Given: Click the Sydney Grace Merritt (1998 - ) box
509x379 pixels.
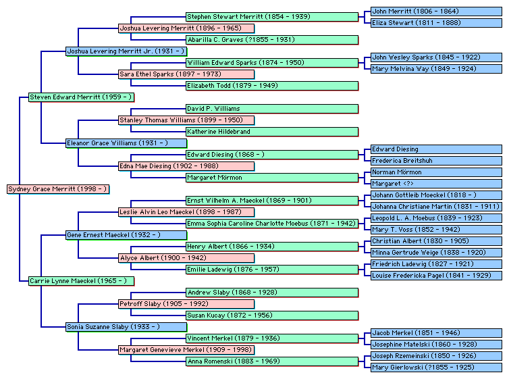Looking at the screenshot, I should pyautogui.click(x=58, y=189).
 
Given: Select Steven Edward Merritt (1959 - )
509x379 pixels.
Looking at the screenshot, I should pyautogui.click(x=81, y=97).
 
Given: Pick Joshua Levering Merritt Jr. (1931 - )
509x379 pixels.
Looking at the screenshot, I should pyautogui.click(x=126, y=51).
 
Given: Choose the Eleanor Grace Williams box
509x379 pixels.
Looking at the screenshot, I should pyautogui.click(x=126, y=143).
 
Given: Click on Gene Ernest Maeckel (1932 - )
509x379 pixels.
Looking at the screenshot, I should pyautogui.click(x=126, y=235).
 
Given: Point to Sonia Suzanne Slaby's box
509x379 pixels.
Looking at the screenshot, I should pyautogui.click(x=126, y=327).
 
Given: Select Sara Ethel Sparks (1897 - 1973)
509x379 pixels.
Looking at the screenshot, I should pyautogui.click(x=186, y=74).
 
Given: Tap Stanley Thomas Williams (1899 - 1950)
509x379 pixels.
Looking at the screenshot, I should pyautogui.click(x=186, y=120).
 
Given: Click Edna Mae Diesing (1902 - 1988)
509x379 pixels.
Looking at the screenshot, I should pyautogui.click(x=186, y=166).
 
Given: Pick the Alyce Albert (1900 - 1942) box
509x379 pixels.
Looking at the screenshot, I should pyautogui.click(x=186, y=258).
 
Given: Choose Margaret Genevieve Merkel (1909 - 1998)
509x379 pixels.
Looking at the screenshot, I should pyautogui.click(x=186, y=350).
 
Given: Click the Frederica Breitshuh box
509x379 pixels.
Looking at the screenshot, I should pyautogui.click(x=436, y=161).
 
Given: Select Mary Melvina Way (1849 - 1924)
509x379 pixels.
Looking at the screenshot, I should pyautogui.click(x=436, y=68).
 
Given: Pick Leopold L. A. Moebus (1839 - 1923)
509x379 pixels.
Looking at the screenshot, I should pyautogui.click(x=436, y=218).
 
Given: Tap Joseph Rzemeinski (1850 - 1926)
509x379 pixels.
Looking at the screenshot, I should pyautogui.click(x=436, y=356).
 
